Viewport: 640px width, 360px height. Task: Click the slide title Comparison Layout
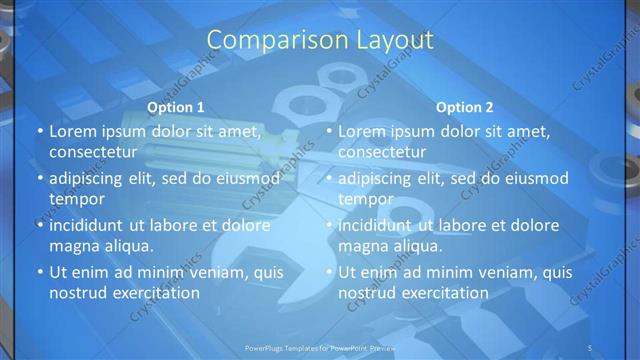[x=320, y=40]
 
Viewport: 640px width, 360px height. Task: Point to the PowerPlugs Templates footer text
[x=321, y=347]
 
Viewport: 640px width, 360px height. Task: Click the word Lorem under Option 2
[x=363, y=131]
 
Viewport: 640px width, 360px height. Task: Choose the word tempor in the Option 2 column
[x=366, y=198]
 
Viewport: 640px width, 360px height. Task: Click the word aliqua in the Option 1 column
[x=127, y=245]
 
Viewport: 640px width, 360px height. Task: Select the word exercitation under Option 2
[x=442, y=293]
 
